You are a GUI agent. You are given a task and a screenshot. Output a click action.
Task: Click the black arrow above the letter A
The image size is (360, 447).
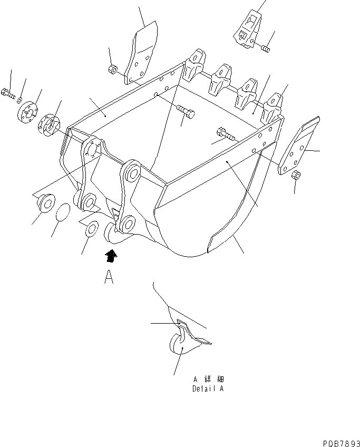click(111, 256)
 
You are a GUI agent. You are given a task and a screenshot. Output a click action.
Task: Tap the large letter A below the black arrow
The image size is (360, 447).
click(109, 277)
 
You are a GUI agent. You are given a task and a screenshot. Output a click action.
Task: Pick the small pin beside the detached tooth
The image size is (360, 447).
click(265, 48)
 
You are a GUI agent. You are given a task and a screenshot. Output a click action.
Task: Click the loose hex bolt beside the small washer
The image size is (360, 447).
click(7, 94)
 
